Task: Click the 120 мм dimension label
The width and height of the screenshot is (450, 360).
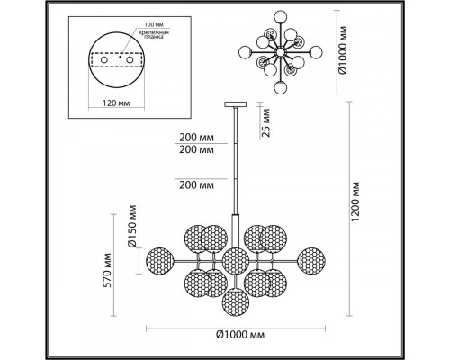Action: pos(116,103)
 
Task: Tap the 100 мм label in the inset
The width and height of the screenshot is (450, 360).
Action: pos(154,24)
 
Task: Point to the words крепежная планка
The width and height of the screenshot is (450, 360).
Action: pos(154,34)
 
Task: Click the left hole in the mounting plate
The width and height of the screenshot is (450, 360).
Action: pos(104,59)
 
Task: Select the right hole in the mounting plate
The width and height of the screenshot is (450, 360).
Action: pos(130,59)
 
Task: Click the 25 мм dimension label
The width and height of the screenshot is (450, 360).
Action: pos(265,122)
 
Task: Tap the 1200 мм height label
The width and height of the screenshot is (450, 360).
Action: pos(355,202)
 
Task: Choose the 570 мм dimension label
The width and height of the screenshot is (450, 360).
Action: pos(107,270)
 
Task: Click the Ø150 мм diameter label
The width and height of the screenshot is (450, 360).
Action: pos(132,226)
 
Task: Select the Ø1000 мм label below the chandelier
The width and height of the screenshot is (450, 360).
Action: pos(240,335)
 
